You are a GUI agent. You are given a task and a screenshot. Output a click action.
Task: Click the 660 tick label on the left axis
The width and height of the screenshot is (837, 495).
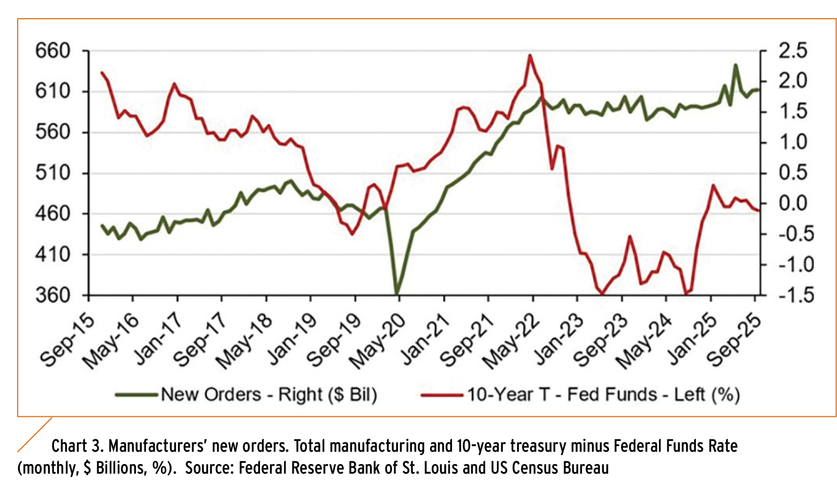pyautogui.click(x=53, y=51)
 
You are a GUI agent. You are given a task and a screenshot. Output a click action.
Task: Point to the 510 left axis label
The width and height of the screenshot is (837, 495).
pyautogui.click(x=53, y=173)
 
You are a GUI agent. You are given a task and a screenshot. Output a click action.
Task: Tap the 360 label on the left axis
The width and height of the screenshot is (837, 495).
pyautogui.click(x=53, y=295)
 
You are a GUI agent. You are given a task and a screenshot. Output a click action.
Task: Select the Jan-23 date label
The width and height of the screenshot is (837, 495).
pyautogui.click(x=557, y=339)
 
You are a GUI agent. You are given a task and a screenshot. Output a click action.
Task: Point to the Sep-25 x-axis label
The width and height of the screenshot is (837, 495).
pyautogui.click(x=734, y=339)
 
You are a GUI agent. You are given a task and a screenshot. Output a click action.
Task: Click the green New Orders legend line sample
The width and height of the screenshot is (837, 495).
pyautogui.click(x=137, y=396)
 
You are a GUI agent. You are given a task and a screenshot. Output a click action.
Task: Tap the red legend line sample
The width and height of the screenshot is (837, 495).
pyautogui.click(x=442, y=396)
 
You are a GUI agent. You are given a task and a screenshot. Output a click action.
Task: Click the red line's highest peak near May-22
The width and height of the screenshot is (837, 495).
pyautogui.click(x=529, y=55)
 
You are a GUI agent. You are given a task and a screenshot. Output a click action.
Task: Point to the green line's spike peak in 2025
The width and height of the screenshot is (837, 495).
pyautogui.click(x=736, y=65)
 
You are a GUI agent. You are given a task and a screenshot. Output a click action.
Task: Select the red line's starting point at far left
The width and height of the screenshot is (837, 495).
pyautogui.click(x=102, y=72)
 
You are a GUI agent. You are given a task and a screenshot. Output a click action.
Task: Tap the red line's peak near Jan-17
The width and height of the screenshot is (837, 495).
pyautogui.click(x=174, y=84)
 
